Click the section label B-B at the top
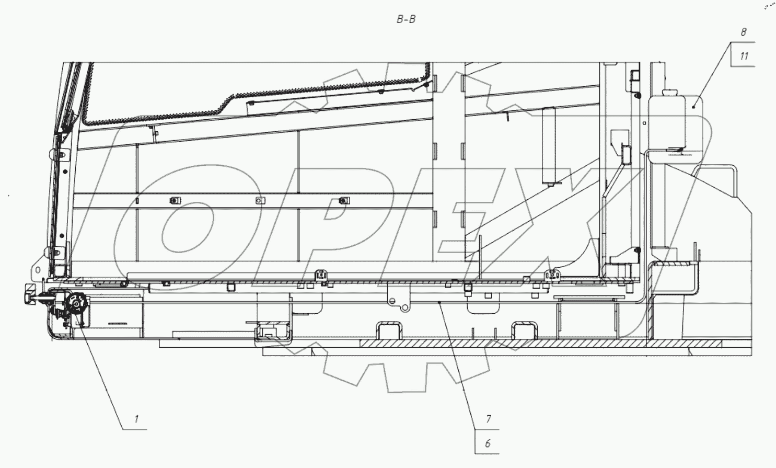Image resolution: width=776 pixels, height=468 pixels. point(406,20)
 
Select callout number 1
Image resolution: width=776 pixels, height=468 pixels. point(136,419)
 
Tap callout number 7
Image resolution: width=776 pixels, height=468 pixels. point(489,419)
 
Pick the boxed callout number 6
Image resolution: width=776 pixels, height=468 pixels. point(488,443)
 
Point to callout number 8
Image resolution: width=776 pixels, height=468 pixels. point(744,32)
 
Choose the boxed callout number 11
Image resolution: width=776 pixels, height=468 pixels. point(744,55)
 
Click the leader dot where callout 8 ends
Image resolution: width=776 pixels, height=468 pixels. point(693,107)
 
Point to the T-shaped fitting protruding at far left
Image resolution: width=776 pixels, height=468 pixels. point(29,296)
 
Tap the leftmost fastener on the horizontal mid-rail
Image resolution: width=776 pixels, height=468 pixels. point(174,200)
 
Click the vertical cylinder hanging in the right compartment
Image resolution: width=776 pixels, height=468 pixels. point(549,145)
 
